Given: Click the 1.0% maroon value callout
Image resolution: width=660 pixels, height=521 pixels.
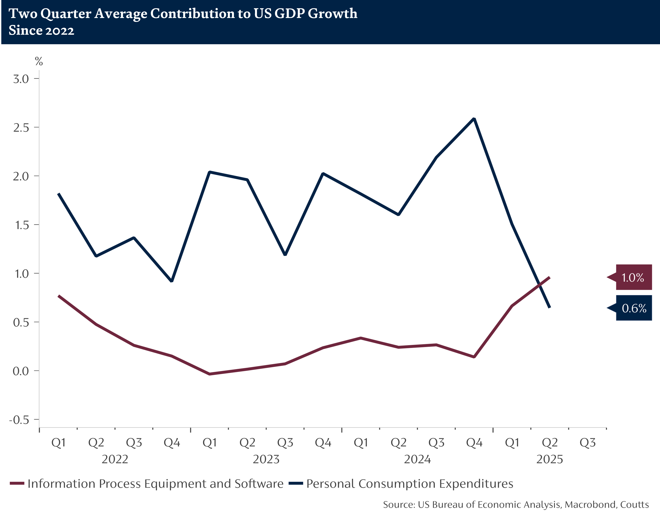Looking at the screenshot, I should pos(633,277).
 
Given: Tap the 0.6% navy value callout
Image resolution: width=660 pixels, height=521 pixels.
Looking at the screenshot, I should pos(634,308).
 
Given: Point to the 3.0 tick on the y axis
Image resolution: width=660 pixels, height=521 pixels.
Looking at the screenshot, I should pos(21,79).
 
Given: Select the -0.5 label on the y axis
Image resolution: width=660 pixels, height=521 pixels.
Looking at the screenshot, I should pos(19,420).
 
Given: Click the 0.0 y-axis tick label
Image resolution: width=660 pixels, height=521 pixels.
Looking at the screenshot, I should pos(21,371).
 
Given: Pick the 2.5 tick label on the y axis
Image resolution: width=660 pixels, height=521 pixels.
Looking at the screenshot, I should pos(21,127).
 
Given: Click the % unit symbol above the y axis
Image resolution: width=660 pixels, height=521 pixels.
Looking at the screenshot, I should pos(39,62).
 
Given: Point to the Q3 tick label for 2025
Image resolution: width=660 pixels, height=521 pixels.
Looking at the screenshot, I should pos(588,443).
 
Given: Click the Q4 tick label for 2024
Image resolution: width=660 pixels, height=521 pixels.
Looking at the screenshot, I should pos(474,443).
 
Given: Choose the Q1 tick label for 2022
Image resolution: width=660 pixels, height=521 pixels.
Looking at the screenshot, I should pos(58,443).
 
